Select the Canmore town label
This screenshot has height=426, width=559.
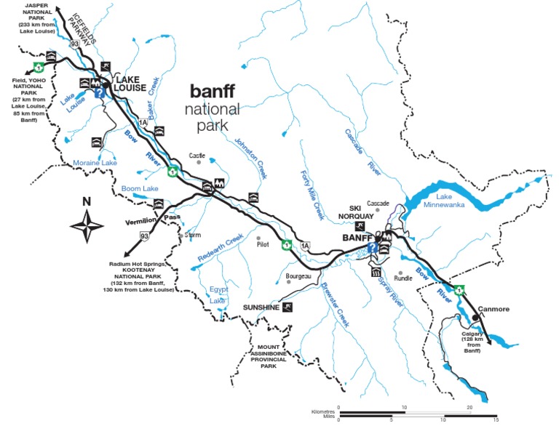coord(492,309)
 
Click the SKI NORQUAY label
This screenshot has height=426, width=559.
coord(360,211)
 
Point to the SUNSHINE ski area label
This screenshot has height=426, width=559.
coord(261,308)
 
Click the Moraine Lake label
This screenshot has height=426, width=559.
coord(95,164)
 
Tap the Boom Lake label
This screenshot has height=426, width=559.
coord(140,188)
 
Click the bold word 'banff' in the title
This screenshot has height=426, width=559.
coord(215,92)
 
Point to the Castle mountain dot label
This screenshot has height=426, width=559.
coord(197,155)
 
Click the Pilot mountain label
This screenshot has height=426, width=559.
coord(263,245)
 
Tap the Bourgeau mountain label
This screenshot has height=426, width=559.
coord(298,276)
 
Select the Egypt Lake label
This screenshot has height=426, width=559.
coord(219,294)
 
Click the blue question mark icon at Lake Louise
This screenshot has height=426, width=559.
coord(98,92)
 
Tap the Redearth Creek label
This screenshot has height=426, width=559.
coord(219,249)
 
